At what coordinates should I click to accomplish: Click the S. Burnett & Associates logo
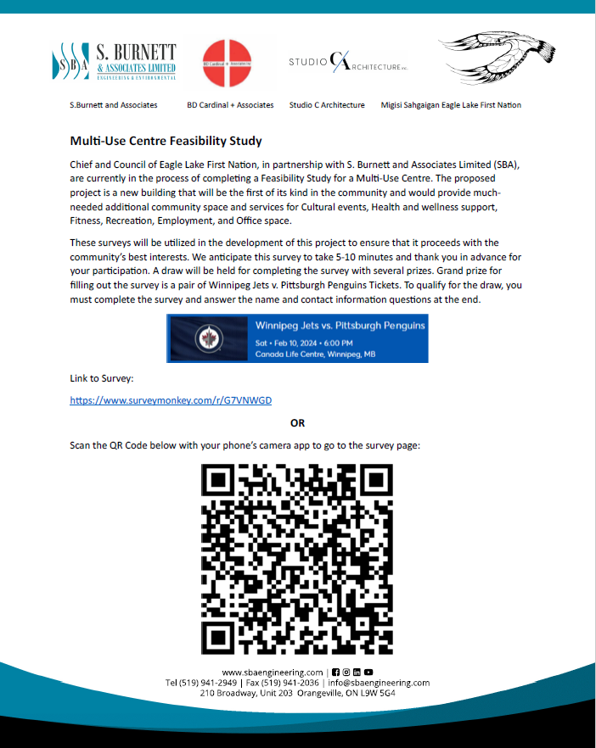[x=115, y=62]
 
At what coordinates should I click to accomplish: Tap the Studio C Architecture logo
[x=349, y=62]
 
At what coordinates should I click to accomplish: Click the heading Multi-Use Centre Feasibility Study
[x=166, y=141]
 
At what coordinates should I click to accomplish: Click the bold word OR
[x=297, y=422]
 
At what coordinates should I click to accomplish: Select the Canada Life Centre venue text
[x=315, y=354]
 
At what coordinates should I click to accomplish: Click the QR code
[x=297, y=559]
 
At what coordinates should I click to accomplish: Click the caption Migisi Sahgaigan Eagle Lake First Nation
[x=451, y=105]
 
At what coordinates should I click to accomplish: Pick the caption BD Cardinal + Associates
[x=230, y=105]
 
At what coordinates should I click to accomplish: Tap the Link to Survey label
[x=101, y=377]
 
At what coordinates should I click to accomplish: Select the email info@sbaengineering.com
[x=378, y=682]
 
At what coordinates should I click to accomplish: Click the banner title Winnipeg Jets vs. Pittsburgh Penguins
[x=340, y=326]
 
